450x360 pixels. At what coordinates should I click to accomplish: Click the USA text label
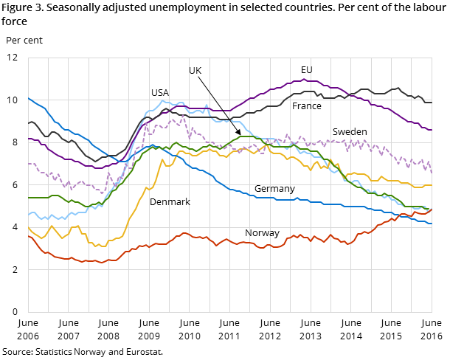click(159, 93)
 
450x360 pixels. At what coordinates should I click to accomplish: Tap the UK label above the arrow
click(195, 71)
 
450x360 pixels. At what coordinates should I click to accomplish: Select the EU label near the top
click(306, 70)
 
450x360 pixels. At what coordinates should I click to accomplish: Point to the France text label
click(306, 106)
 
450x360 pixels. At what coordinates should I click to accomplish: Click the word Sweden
click(349, 132)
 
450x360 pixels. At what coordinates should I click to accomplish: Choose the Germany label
click(274, 189)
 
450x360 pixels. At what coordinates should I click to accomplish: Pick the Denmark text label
click(170, 202)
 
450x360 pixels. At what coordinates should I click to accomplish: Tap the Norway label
click(262, 233)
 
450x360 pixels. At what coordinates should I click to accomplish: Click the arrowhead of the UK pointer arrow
click(239, 134)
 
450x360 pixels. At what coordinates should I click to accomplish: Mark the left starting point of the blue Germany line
click(28, 98)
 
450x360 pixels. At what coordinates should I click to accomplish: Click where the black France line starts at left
click(28, 123)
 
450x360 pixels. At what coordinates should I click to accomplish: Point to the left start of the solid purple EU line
click(28, 139)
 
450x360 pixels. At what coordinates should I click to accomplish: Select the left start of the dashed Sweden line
click(28, 164)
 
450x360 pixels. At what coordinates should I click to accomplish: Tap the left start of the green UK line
click(28, 198)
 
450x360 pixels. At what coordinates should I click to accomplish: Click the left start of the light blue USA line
click(28, 215)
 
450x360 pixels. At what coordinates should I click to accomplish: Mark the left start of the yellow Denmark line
click(28, 228)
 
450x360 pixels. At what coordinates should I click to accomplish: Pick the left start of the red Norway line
click(28, 236)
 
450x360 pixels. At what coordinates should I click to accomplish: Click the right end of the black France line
click(432, 103)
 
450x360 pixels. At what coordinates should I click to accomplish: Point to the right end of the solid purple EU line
click(432, 130)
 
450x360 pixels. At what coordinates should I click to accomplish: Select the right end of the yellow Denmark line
click(432, 185)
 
